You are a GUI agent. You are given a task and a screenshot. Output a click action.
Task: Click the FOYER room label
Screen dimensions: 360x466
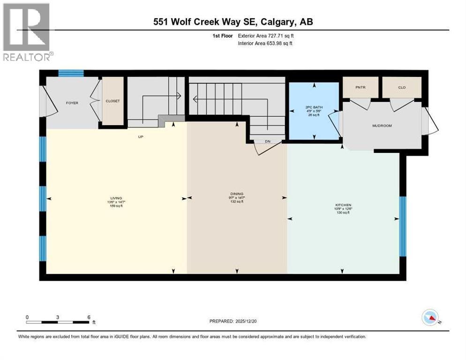pyautogui.click(x=72, y=103)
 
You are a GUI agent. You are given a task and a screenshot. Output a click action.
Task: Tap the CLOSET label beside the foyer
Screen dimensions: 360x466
pyautogui.click(x=113, y=101)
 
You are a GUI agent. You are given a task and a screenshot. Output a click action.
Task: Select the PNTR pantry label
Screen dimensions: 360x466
pyautogui.click(x=360, y=87)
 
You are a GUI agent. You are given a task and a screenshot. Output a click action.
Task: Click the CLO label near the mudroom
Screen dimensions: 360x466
pyautogui.click(x=402, y=87)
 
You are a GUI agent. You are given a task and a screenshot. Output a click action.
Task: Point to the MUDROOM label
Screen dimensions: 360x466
pyautogui.click(x=382, y=126)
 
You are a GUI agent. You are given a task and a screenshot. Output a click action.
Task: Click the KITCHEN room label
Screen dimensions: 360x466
pyautogui.click(x=343, y=205)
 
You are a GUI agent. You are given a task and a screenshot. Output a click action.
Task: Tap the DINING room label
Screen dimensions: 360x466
pyautogui.click(x=237, y=194)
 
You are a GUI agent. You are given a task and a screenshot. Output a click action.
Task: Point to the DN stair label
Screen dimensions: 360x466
pyautogui.click(x=268, y=141)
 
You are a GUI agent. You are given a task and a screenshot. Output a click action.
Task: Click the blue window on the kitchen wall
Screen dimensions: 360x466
pyautogui.click(x=402, y=226)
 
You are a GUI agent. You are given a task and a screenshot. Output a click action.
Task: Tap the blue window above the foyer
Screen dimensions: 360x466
pyautogui.click(x=71, y=73)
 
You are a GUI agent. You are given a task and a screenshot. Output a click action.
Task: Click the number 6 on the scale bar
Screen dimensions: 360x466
pyautogui.click(x=89, y=317)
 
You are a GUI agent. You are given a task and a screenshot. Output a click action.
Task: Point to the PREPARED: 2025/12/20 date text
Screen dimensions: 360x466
pyautogui.click(x=237, y=321)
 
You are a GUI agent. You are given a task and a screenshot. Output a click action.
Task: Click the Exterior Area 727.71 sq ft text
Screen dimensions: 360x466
pyautogui.click(x=266, y=36)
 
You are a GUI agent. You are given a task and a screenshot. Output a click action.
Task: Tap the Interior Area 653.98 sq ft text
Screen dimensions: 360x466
pyautogui.click(x=265, y=44)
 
